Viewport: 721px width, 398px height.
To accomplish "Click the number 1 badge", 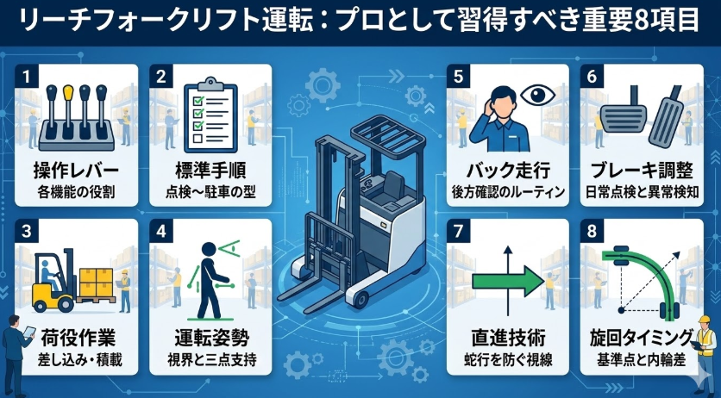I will (28, 76).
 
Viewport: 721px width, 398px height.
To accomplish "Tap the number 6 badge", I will (592, 76).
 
